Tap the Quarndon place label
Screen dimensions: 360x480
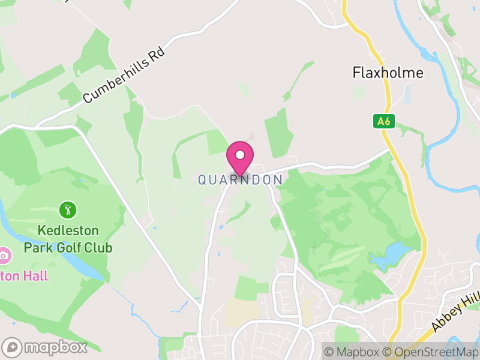point(240,179)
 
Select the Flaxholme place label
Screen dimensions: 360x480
point(388,73)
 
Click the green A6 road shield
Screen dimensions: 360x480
point(384,121)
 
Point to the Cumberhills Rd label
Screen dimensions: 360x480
point(123,76)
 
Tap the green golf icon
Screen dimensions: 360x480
point(68,210)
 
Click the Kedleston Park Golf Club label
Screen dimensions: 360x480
point(67,238)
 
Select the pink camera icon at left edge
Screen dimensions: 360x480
point(4,256)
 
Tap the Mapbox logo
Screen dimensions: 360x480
point(46,347)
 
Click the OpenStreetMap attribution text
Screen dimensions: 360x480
point(431,352)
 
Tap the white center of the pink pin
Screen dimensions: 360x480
point(240,155)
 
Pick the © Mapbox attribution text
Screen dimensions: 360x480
point(353,352)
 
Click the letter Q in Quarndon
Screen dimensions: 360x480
point(203,179)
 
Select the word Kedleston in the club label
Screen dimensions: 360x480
point(67,230)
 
